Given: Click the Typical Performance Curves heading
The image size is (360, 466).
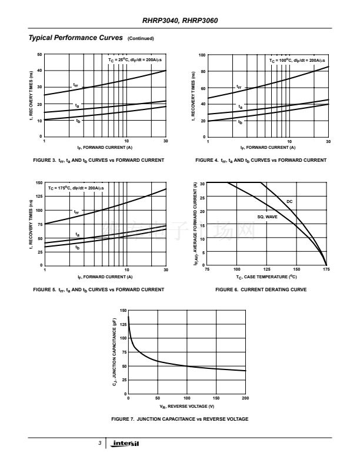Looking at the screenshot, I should click(75, 38).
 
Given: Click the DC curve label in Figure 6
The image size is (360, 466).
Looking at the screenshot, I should click(289, 201).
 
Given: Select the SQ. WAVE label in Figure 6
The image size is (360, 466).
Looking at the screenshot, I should click(267, 217).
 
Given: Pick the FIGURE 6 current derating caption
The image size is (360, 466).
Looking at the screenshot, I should click(261, 289).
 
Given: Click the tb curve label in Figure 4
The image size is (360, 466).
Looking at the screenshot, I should click(239, 122).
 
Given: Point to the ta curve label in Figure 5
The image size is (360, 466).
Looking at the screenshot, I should click(77, 235).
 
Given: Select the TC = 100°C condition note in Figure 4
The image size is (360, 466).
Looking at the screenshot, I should click(297, 60).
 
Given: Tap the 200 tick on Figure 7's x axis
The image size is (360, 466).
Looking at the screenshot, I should click(245, 399).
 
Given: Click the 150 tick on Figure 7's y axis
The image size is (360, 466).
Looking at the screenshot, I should click(123, 310).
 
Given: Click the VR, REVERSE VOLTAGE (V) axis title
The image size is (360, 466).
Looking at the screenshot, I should click(186, 407).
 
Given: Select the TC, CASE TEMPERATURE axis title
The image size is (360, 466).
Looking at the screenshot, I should click(266, 277).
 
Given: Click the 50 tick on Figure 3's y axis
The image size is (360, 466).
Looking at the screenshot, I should click(39, 55).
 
